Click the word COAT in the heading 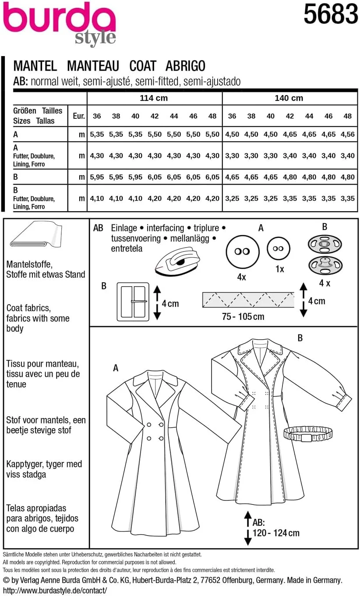pos(143,66)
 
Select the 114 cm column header pos(153,98)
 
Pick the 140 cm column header pos(289,98)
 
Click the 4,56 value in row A pos(348,135)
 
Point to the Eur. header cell pos(78,116)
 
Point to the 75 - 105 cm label pos(243,316)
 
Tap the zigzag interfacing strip pos(248,300)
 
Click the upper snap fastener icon pos(325,244)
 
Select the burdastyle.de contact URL pos(54,590)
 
